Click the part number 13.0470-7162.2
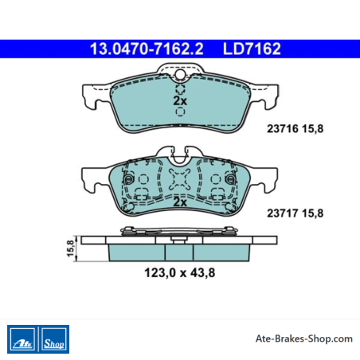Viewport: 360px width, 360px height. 147,49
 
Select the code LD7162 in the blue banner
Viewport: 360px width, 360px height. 252,49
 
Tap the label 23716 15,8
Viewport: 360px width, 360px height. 295,129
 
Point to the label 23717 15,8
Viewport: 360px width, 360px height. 295,213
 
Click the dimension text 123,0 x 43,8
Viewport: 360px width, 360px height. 180,273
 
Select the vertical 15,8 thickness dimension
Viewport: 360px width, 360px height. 70,248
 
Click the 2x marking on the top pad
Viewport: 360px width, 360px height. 180,101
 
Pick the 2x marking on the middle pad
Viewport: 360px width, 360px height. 180,202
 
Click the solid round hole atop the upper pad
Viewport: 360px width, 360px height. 181,74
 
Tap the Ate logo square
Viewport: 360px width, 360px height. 22,339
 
